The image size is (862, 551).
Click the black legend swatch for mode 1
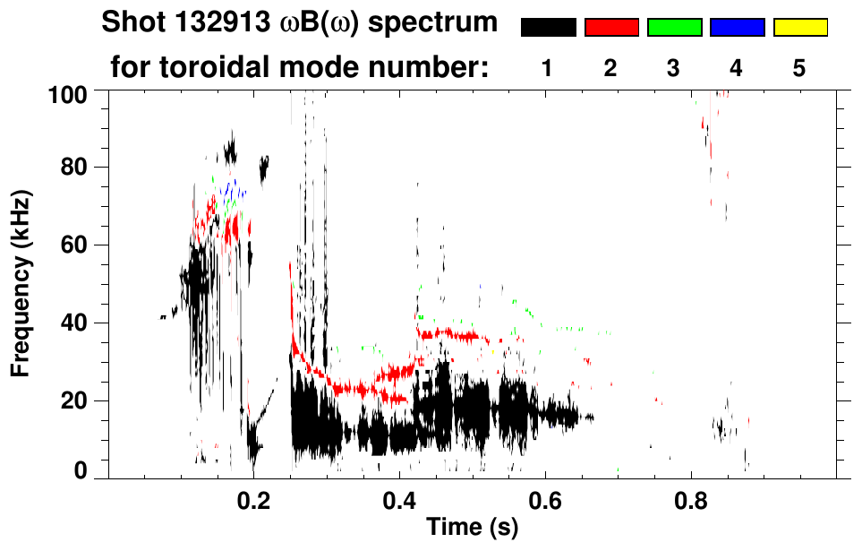(549, 28)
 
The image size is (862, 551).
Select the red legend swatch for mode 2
(611, 28)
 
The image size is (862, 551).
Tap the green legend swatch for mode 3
(674, 28)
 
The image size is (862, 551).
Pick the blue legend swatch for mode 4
(737, 28)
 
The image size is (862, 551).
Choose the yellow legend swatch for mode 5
(799, 28)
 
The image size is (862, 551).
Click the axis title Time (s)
(471, 529)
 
